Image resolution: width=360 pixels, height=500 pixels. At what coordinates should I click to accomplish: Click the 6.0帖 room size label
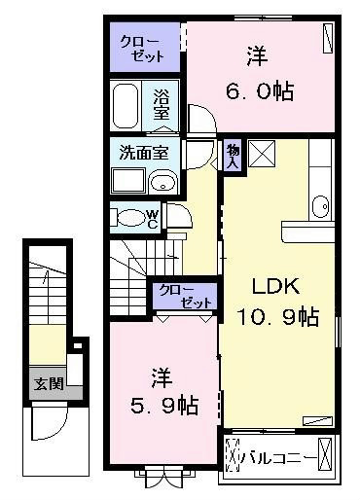(260, 91)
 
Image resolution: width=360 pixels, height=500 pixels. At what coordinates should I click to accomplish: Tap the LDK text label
(275, 286)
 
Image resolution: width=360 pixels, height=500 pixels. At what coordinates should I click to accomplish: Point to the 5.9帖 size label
(164, 406)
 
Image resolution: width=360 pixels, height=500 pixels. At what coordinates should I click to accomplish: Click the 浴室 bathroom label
(162, 103)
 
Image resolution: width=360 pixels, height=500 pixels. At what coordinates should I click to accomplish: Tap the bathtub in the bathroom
(126, 105)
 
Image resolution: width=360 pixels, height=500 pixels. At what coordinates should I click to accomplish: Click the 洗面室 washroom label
(144, 152)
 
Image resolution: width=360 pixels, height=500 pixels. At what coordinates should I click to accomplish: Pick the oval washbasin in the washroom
(163, 184)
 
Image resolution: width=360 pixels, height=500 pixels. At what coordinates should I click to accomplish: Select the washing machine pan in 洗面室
(128, 181)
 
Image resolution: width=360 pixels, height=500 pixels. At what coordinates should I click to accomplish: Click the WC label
(153, 219)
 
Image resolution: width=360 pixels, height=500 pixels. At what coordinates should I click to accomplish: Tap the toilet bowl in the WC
(131, 217)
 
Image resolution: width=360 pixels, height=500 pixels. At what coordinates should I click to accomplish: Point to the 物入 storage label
(234, 156)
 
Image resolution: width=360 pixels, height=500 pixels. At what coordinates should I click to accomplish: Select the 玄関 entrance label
(49, 383)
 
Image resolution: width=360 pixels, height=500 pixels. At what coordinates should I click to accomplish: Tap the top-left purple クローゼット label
(142, 49)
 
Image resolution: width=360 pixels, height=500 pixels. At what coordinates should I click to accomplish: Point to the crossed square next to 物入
(262, 154)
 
